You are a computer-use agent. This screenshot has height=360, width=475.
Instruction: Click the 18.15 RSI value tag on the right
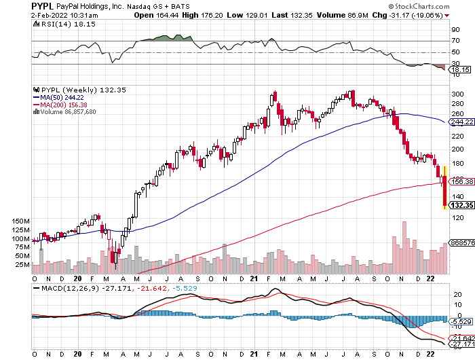pyautogui.click(x=461, y=69)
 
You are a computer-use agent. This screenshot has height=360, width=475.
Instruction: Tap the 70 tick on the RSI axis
pyautogui.click(x=455, y=41)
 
